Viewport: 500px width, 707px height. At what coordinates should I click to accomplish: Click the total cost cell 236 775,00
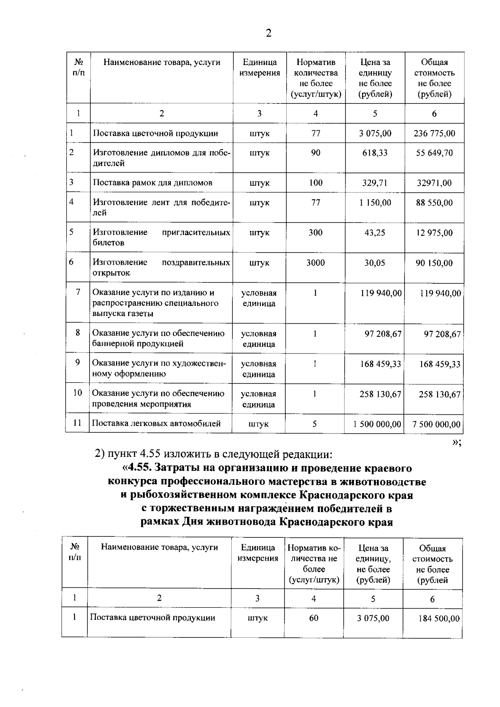[434, 133]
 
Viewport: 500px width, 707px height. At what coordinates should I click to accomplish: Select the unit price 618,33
[375, 153]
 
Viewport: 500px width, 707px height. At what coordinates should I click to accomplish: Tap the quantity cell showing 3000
[315, 263]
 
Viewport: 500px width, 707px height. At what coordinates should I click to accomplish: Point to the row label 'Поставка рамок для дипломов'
[152, 183]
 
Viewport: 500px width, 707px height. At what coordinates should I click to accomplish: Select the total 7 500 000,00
[436, 424]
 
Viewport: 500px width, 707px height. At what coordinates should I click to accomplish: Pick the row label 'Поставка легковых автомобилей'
[156, 424]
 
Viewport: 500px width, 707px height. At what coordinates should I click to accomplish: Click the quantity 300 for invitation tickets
[315, 233]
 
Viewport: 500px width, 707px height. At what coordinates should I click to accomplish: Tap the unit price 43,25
[375, 233]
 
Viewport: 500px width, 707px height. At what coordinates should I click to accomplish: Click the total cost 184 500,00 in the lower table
[439, 618]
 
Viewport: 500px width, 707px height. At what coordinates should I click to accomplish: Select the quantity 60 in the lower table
[314, 618]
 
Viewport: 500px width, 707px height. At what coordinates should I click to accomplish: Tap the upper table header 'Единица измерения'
[260, 68]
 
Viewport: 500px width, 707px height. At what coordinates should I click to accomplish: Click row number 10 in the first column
[78, 393]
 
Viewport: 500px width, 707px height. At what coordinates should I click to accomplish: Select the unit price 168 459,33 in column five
[380, 364]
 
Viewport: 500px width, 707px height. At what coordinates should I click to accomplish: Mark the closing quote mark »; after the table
[456, 443]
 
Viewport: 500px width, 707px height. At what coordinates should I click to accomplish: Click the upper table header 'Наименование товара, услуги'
[162, 63]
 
